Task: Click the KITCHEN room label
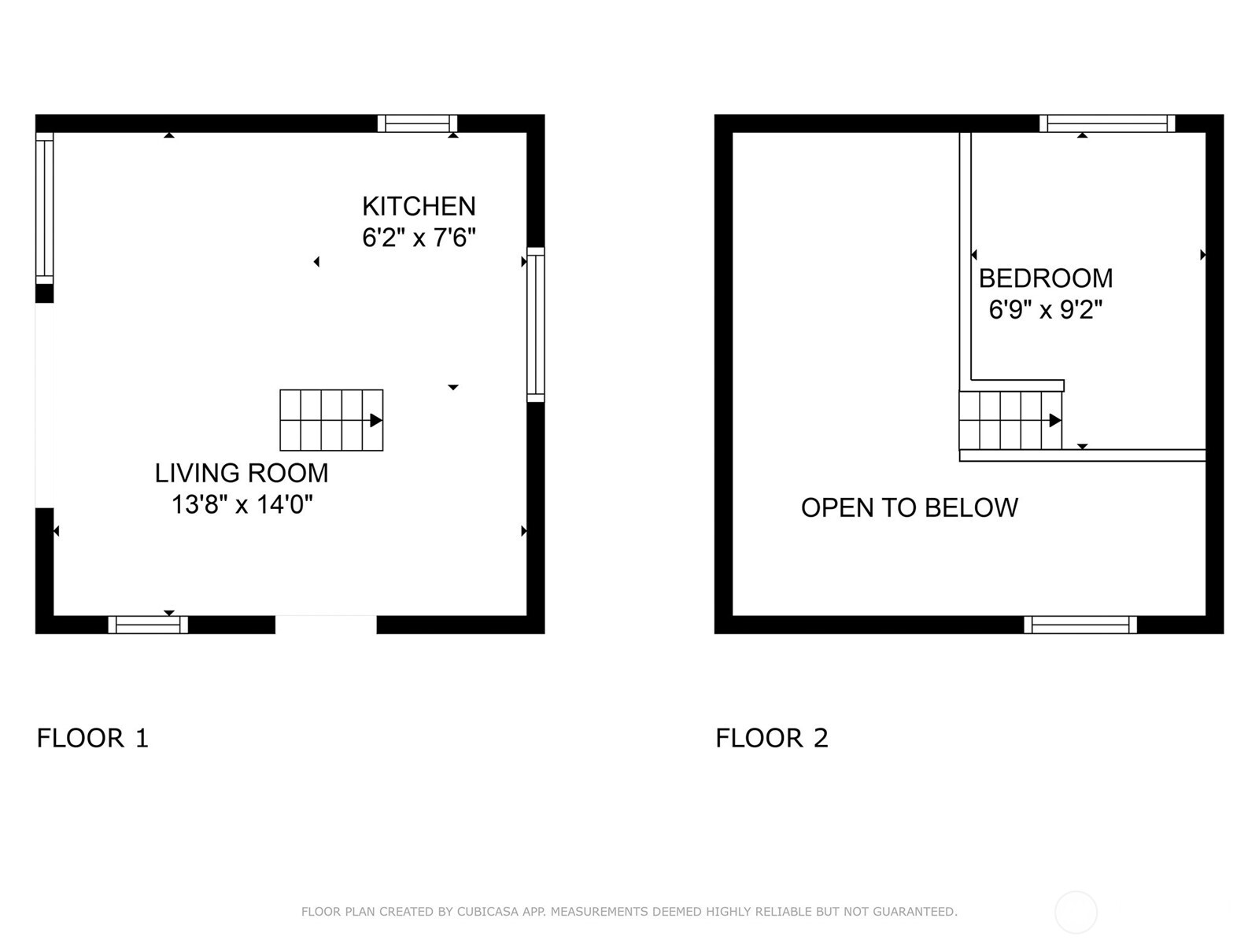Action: [419, 206]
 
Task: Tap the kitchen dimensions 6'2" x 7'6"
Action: [419, 238]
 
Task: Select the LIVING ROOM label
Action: [242, 473]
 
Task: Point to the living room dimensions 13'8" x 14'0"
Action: [242, 504]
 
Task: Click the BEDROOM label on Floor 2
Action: [1046, 278]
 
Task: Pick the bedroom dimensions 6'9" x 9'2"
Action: [1046, 309]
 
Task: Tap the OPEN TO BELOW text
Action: [909, 508]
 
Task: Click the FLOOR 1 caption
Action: [92, 738]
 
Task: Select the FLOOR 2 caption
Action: [771, 738]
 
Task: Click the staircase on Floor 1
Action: [331, 420]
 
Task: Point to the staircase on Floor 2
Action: [1010, 420]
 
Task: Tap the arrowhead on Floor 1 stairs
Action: [376, 420]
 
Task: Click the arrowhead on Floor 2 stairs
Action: [1055, 420]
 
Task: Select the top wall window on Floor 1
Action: [417, 124]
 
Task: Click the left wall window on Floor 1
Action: [45, 208]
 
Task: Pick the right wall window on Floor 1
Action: [536, 324]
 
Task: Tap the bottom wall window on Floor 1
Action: [148, 625]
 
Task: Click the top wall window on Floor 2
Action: [1107, 124]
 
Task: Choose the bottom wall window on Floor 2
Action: [1080, 625]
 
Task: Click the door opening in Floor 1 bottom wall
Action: [326, 625]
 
